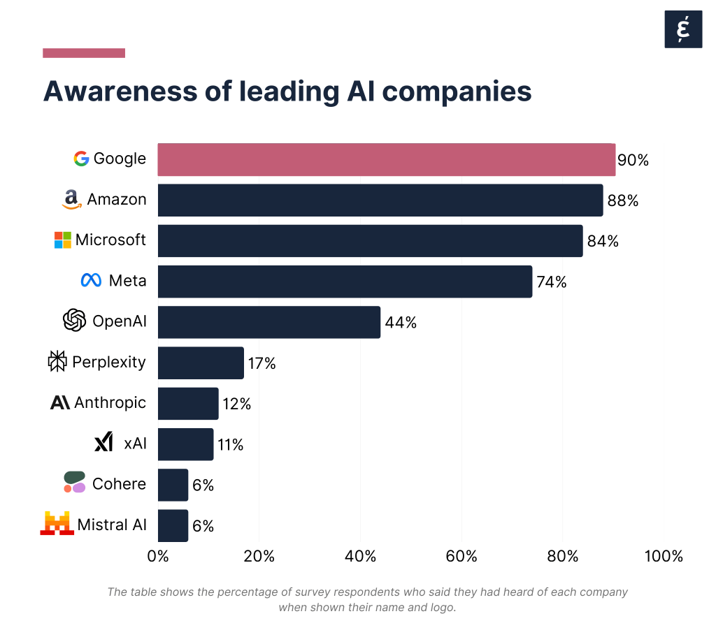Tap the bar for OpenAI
pyautogui.click(x=268, y=322)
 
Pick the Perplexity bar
pyautogui.click(x=201, y=363)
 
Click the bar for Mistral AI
pyautogui.click(x=173, y=525)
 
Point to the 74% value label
pyautogui.click(x=552, y=282)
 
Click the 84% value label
pyautogui.click(x=603, y=242)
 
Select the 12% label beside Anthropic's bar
pyautogui.click(x=236, y=404)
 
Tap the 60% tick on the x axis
pyautogui.click(x=461, y=557)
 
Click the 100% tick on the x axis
pyautogui.click(x=663, y=557)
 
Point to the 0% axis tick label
pyautogui.click(x=159, y=557)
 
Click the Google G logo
pyautogui.click(x=81, y=159)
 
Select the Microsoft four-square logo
pyautogui.click(x=63, y=240)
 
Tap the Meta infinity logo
pyautogui.click(x=92, y=281)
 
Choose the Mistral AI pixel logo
pyautogui.click(x=57, y=524)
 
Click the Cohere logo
pyautogui.click(x=74, y=483)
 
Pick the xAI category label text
pyautogui.click(x=135, y=443)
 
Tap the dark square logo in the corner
pyautogui.click(x=682, y=29)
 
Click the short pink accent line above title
pyautogui.click(x=84, y=53)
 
